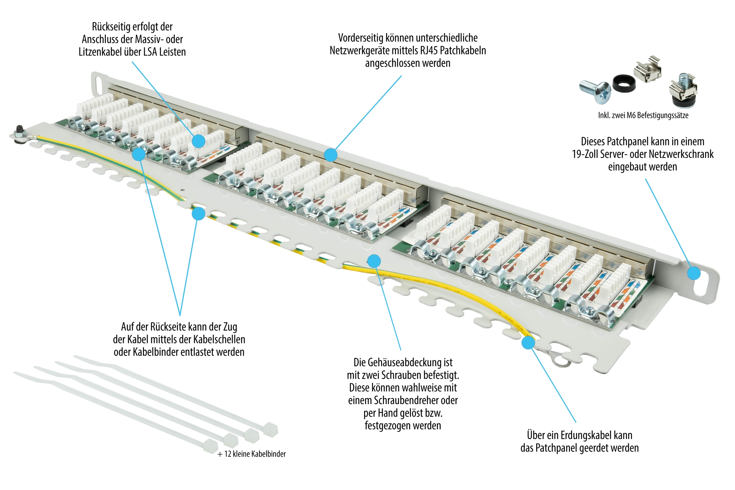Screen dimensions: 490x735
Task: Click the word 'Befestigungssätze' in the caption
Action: coord(663,115)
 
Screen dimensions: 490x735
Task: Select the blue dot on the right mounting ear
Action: coord(694,273)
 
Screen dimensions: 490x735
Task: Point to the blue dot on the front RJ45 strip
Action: coord(330,155)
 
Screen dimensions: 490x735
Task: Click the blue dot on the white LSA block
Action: coord(198,141)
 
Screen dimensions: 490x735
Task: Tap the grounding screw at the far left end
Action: coord(18,133)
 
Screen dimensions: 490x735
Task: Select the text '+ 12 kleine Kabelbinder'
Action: coord(251,454)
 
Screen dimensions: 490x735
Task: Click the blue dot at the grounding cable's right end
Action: coord(528,342)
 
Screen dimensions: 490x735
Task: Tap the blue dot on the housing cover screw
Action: coord(374,261)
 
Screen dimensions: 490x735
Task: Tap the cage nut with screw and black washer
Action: coord(683,90)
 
